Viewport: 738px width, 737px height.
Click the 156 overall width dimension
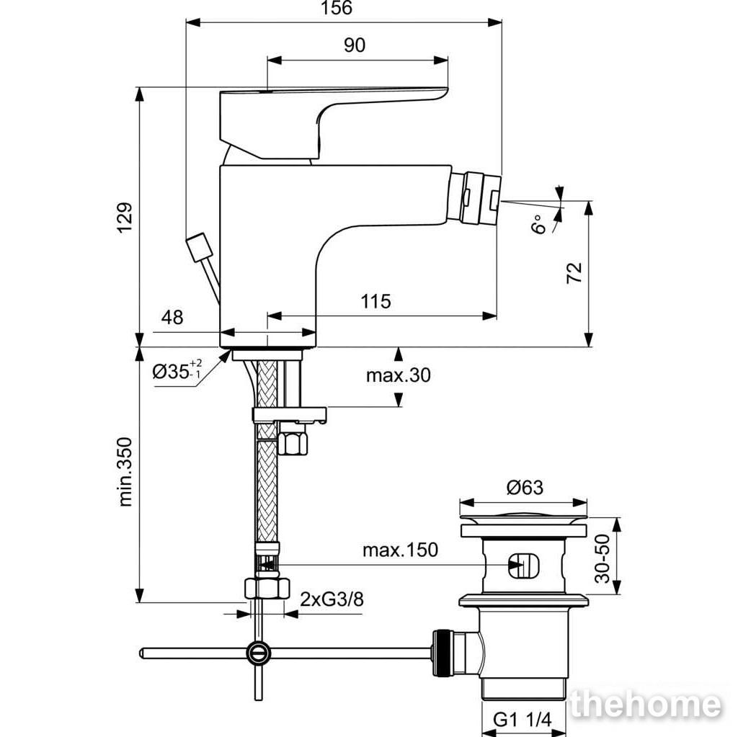point(336,8)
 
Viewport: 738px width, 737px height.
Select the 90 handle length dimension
point(355,45)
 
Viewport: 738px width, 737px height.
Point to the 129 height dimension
point(125,218)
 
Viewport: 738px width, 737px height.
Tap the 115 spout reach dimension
point(375,301)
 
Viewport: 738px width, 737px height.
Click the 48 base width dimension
point(172,318)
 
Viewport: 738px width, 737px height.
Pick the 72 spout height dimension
point(574,273)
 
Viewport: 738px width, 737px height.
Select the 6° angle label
point(539,225)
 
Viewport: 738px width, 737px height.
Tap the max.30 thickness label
point(398,375)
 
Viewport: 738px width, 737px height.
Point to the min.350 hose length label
point(125,472)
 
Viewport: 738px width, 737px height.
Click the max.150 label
point(400,550)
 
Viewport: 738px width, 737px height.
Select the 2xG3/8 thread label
point(332,599)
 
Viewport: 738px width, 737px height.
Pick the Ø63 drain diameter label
point(525,488)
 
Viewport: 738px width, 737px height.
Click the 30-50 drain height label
point(603,558)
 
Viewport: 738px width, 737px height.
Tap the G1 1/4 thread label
point(522,720)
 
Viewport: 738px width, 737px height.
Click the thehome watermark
point(645,705)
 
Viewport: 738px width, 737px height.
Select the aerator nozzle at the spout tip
point(473,197)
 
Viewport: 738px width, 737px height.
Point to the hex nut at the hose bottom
point(267,589)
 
